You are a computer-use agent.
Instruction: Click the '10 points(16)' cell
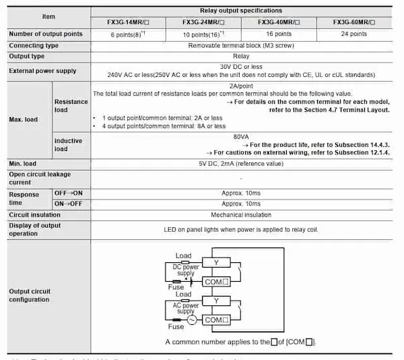(x=203, y=34)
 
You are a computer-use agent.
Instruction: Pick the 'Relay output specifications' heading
(x=241, y=11)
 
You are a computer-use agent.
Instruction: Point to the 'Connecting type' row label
(x=33, y=45)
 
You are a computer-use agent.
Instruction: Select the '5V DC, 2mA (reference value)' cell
(x=241, y=162)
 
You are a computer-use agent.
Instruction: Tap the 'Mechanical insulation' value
(x=241, y=214)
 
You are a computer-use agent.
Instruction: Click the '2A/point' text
(x=241, y=86)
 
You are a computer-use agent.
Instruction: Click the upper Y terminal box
(x=216, y=262)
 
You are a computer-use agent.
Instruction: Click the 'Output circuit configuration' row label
(x=30, y=295)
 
